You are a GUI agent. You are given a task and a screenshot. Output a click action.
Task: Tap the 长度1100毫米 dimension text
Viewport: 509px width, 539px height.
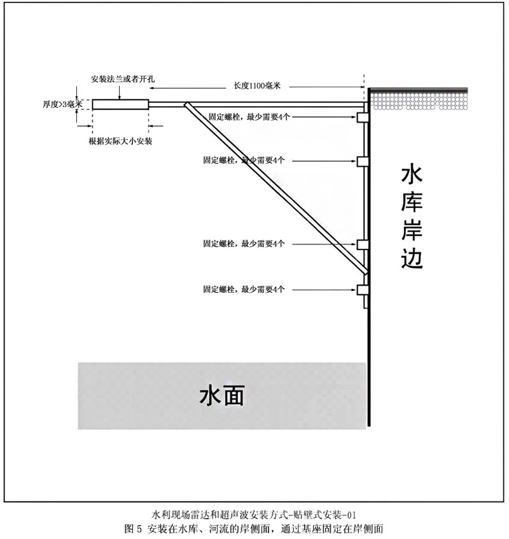pyautogui.click(x=258, y=85)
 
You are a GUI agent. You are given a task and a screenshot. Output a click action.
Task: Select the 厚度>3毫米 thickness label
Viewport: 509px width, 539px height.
pyautogui.click(x=63, y=104)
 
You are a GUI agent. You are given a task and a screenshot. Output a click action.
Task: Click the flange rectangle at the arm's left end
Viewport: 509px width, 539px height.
pyautogui.click(x=120, y=104)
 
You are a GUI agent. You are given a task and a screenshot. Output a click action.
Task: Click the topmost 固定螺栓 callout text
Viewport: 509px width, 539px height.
pyautogui.click(x=249, y=118)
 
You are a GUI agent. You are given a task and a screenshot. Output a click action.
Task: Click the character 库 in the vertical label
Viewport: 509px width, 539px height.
pyautogui.click(x=412, y=202)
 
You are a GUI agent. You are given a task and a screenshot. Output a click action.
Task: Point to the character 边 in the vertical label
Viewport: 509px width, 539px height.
pyautogui.click(x=412, y=258)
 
